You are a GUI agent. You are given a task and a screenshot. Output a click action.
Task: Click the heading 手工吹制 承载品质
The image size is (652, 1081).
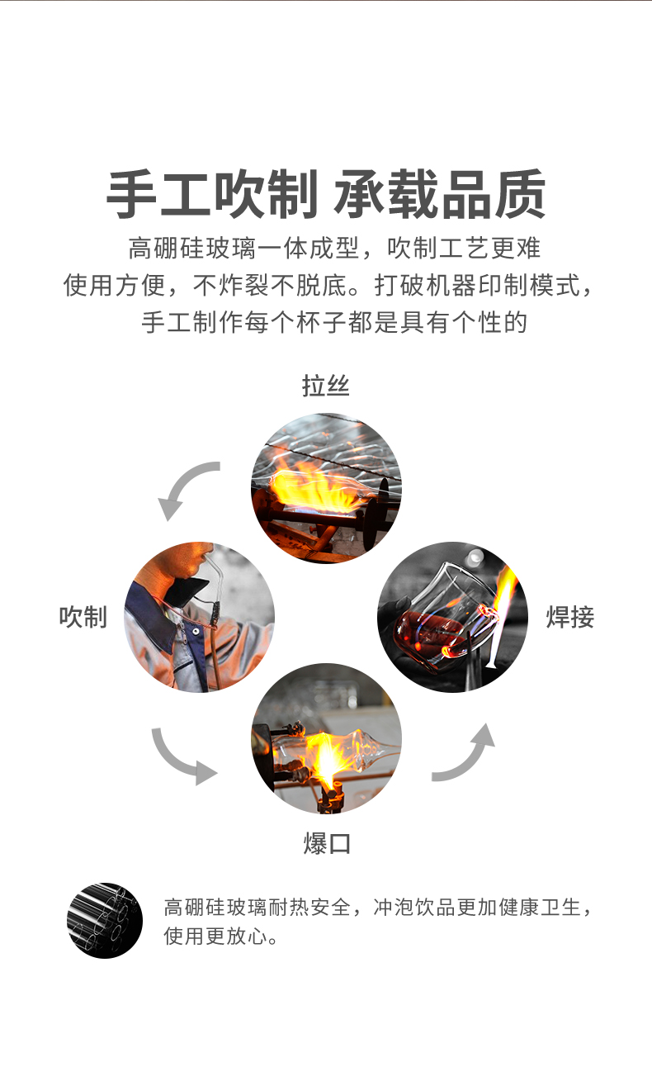click(326, 196)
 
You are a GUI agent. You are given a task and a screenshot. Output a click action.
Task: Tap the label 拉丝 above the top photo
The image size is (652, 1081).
click(326, 386)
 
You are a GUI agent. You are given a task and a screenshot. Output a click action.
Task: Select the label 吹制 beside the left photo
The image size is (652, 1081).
click(83, 616)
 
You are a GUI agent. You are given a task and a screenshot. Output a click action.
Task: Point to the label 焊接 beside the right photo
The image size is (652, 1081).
click(570, 617)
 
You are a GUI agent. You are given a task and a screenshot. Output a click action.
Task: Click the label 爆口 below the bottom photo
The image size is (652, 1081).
click(327, 843)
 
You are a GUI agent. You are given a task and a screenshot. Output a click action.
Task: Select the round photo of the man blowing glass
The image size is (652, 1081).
click(199, 617)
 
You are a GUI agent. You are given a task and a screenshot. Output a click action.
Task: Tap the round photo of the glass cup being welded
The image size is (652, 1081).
click(452, 617)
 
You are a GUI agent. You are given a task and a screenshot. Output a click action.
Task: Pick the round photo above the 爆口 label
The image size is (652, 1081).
click(326, 737)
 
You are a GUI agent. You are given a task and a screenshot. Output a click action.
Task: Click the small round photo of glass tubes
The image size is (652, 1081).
click(105, 920)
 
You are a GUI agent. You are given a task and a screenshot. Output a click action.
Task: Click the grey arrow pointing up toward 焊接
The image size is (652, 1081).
click(466, 751)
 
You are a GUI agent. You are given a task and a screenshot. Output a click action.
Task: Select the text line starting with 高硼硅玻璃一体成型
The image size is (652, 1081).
click(334, 247)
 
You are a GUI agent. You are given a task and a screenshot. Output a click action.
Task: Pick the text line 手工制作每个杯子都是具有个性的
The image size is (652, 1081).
click(333, 321)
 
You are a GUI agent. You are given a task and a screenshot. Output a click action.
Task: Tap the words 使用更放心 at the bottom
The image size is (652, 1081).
click(220, 936)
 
